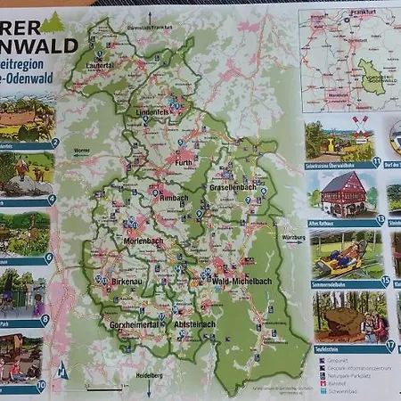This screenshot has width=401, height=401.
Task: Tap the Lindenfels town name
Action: [155, 110]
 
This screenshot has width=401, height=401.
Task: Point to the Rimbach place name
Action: [174, 199]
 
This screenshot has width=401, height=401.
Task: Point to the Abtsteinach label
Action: [194, 324]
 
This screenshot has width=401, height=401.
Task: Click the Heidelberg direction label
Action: [148, 377]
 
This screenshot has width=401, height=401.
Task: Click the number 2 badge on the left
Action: [54, 143]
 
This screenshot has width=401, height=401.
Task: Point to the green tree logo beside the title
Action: [52, 22]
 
